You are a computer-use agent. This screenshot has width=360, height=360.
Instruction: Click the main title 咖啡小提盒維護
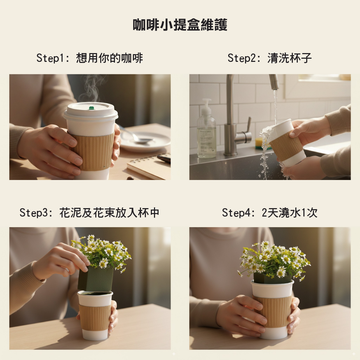[180, 25]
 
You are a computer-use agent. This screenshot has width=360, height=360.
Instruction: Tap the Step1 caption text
[90, 58]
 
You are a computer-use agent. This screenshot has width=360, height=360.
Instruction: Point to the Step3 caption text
[89, 213]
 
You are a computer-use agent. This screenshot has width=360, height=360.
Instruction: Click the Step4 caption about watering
[270, 213]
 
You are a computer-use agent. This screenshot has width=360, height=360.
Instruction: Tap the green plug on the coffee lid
[91, 108]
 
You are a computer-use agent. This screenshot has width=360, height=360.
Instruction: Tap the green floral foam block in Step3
[96, 278]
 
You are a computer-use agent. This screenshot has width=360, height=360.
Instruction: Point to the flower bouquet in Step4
[274, 259]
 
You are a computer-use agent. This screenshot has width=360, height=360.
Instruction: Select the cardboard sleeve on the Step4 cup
[273, 311]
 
